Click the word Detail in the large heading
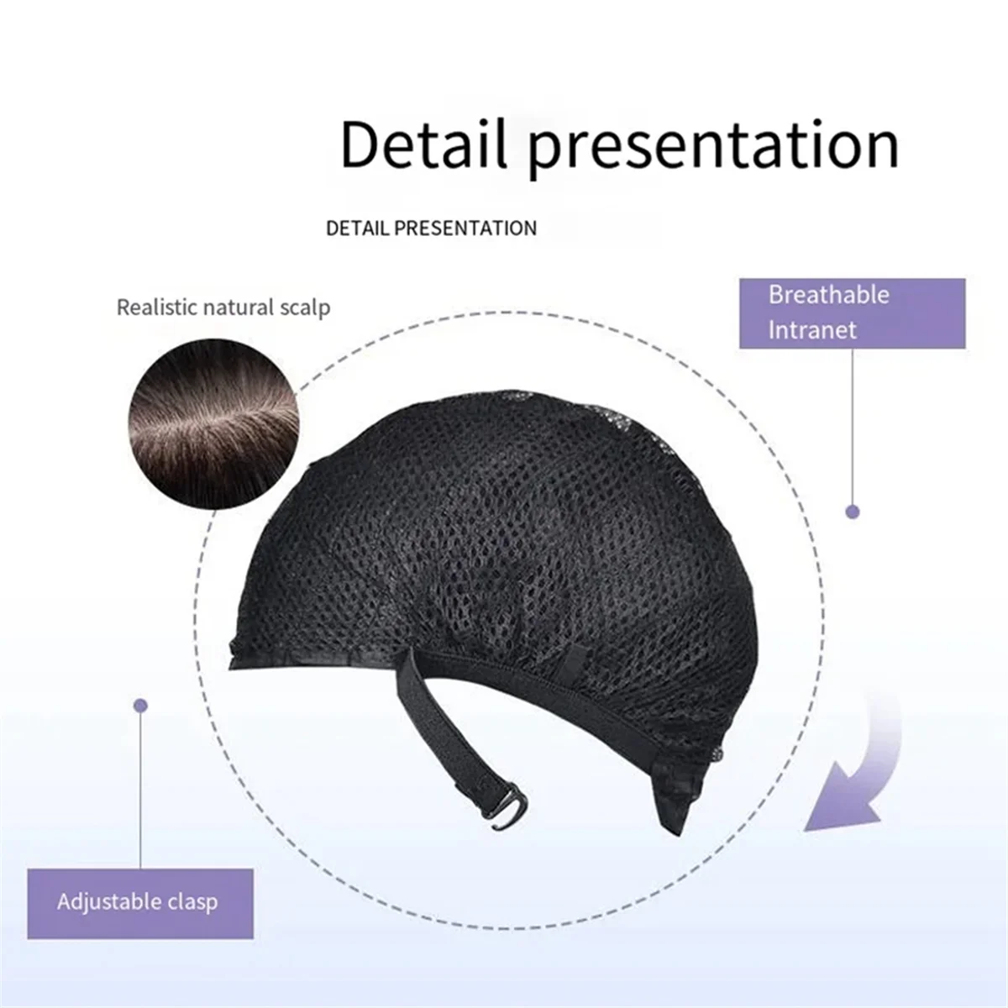tap(424, 144)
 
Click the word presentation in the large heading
tap(713, 150)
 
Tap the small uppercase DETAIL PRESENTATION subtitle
tap(432, 228)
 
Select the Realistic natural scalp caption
tap(223, 307)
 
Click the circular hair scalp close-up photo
tap(214, 423)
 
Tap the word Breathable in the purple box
tap(828, 295)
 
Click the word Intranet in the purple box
tap(812, 330)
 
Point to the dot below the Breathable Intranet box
tap(853, 512)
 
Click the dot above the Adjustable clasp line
tap(140, 706)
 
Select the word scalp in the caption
tap(305, 308)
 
